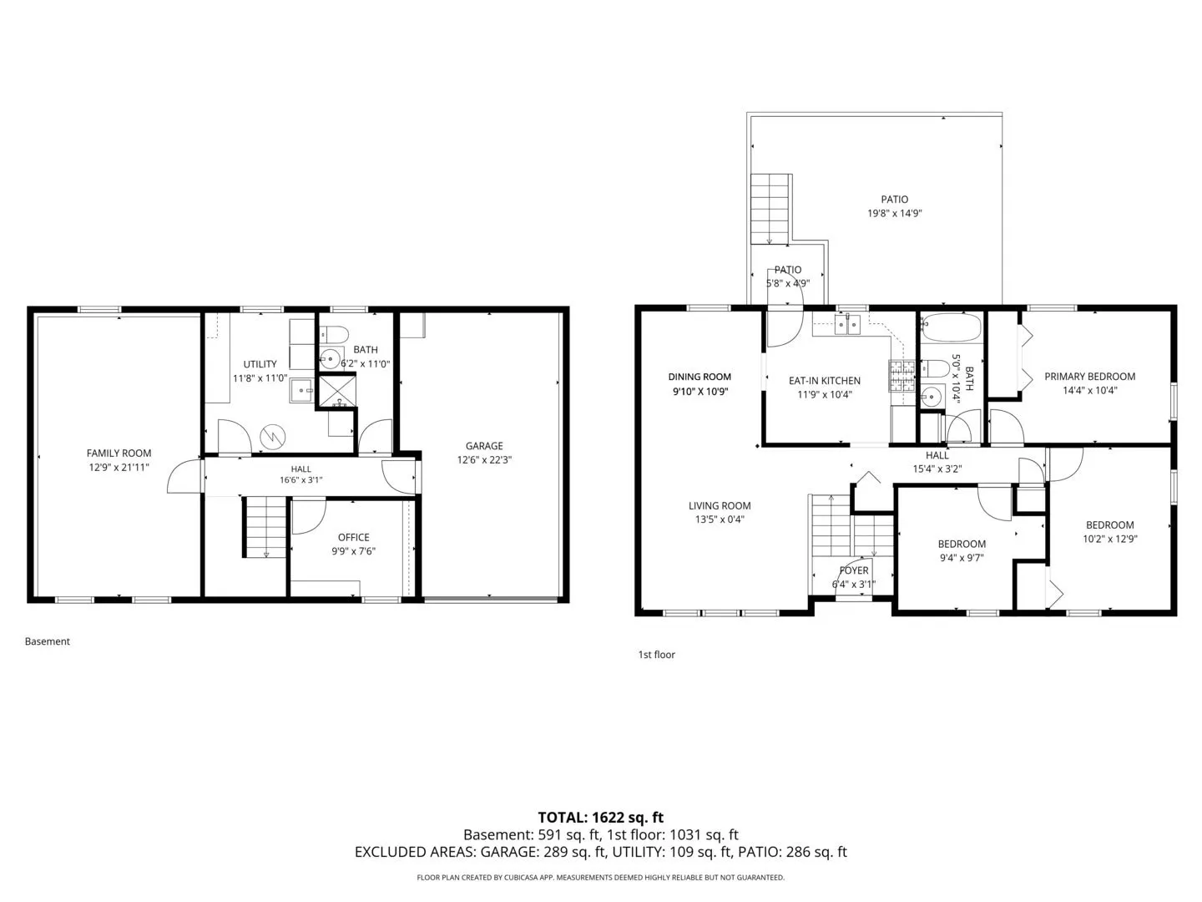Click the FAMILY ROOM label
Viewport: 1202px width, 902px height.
119,453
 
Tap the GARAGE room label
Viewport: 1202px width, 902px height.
484,446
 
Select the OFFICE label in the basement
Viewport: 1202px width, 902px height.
353,537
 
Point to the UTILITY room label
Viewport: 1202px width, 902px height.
260,364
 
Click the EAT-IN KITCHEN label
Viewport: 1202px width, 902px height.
825,381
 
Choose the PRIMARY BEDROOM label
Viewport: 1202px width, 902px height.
1090,376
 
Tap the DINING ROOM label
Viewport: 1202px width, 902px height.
699,377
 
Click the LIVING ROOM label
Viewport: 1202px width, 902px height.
720,505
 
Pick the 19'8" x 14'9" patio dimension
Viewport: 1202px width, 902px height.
894,213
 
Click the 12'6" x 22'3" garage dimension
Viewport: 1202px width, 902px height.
484,460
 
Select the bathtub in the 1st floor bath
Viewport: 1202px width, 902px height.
952,327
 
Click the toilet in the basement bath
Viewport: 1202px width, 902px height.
334,333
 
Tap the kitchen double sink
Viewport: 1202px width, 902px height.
847,325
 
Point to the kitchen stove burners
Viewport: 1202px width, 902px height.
901,376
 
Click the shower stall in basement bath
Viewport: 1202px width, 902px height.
337,391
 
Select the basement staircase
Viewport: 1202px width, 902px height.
265,527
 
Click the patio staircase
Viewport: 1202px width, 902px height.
770,209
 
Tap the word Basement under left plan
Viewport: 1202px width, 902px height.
47,641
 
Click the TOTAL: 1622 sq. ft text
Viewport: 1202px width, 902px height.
601,818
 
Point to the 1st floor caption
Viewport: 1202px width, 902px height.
657,655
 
